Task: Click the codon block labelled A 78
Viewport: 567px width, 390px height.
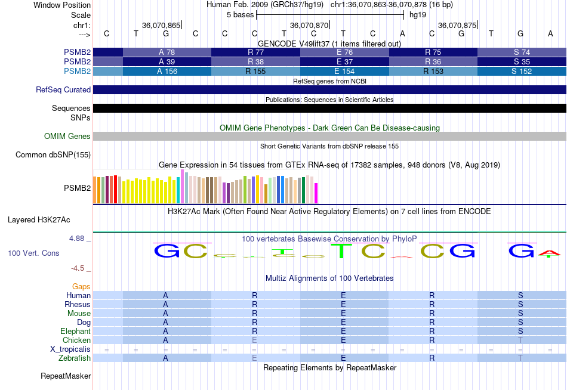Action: tap(167, 52)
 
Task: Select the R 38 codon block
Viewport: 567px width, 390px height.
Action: tap(255, 62)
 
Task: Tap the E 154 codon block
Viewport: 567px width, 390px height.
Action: tap(344, 71)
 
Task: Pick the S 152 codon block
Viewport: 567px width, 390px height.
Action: tap(522, 71)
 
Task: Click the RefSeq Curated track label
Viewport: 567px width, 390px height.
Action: tap(63, 89)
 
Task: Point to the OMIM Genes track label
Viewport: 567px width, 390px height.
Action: tap(67, 137)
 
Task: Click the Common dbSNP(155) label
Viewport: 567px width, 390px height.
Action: tap(53, 154)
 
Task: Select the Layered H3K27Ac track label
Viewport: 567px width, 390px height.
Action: tap(39, 220)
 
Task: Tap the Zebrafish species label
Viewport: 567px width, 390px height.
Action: tap(75, 358)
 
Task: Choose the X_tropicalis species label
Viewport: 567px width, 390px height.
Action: tap(70, 349)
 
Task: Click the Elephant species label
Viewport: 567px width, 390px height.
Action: tap(76, 331)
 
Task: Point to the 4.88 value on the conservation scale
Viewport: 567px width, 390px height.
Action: tap(76, 239)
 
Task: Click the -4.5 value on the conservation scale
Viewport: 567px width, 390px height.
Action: tap(78, 268)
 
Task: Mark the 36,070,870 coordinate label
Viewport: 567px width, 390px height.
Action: tap(309, 25)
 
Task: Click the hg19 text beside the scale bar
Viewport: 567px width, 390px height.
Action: tap(418, 15)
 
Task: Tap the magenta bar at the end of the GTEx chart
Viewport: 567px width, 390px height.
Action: tap(316, 193)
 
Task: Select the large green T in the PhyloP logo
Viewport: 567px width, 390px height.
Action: tap(341, 251)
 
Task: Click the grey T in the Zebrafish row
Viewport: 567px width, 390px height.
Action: tap(520, 358)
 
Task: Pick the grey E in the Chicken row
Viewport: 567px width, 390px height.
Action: tap(255, 340)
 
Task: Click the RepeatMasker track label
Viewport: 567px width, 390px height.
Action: tap(66, 376)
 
